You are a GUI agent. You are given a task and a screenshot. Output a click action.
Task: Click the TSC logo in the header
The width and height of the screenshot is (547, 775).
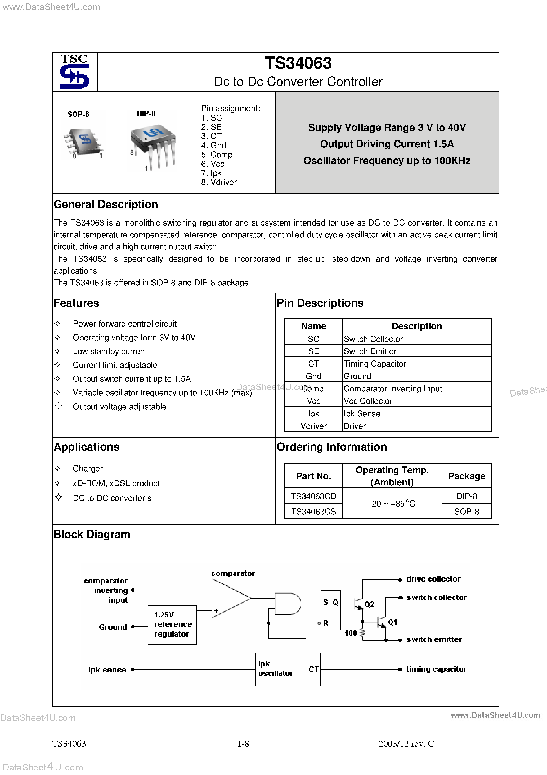pyautogui.click(x=74, y=72)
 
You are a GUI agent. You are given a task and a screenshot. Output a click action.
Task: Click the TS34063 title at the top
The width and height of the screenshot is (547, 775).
pyautogui.click(x=298, y=63)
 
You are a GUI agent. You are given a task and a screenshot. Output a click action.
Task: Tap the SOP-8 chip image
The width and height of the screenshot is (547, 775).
pyautogui.click(x=83, y=142)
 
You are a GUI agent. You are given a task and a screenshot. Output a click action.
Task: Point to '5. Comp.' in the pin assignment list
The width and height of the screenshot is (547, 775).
pyautogui.click(x=218, y=155)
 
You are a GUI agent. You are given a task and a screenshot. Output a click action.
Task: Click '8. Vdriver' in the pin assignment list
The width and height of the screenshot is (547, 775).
pyautogui.click(x=219, y=182)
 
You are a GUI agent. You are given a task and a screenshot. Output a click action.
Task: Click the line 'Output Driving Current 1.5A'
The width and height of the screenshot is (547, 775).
pyautogui.click(x=387, y=144)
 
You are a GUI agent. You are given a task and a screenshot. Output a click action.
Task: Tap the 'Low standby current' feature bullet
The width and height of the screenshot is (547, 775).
pyautogui.click(x=110, y=351)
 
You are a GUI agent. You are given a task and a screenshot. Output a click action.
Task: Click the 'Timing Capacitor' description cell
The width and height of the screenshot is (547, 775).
pyautogui.click(x=375, y=364)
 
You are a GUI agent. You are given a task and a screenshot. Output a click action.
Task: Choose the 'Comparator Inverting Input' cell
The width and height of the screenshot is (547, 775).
pyautogui.click(x=393, y=389)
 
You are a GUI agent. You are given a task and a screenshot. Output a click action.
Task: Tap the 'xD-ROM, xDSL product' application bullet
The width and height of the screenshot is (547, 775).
pyautogui.click(x=116, y=483)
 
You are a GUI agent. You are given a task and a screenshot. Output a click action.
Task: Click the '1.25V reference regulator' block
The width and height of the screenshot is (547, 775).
pyautogui.click(x=172, y=625)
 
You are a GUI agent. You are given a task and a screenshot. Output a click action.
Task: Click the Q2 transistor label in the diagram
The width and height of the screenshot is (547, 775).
pyautogui.click(x=369, y=604)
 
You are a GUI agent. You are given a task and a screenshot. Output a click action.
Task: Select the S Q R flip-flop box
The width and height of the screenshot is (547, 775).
pyautogui.click(x=330, y=612)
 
